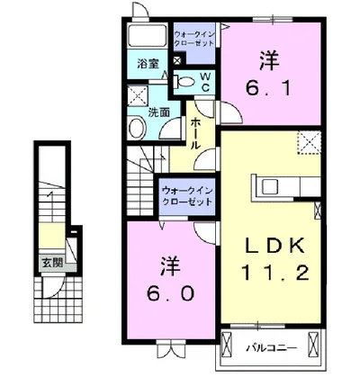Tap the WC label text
coord(203,82)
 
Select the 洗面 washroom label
coord(158,112)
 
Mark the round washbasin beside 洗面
coord(137,127)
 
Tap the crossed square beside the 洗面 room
coord(138,96)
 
